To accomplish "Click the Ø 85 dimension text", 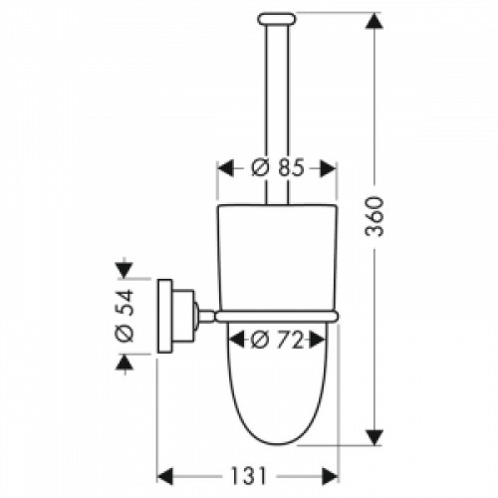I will [x=278, y=168].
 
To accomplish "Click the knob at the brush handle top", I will [x=278, y=17].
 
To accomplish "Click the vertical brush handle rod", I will [x=278, y=100].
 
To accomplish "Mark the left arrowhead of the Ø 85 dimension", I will [x=225, y=168].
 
